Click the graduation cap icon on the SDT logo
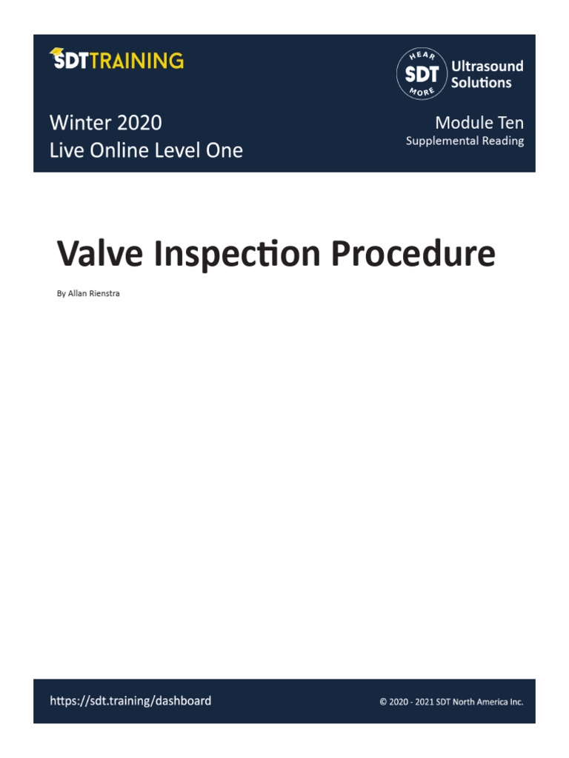point(56,53)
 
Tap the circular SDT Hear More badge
point(422,74)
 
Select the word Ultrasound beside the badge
point(487,66)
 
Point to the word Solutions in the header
point(481,83)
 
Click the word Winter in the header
point(79,122)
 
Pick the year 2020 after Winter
point(139,122)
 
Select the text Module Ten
point(479,122)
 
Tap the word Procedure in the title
point(413,254)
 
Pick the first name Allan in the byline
point(76,293)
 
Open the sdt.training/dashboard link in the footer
point(130,700)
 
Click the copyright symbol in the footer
point(383,702)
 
